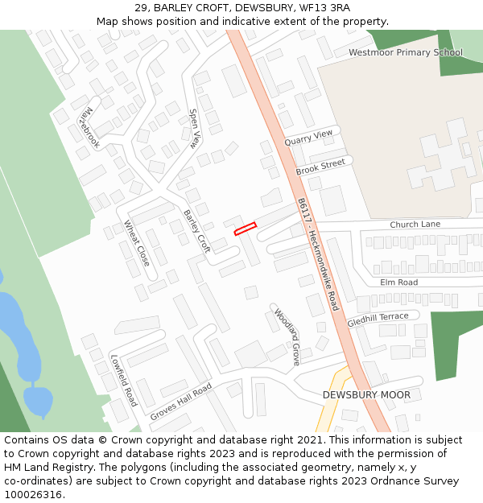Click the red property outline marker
click(245, 229)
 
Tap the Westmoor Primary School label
click(406, 52)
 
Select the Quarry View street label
click(308, 138)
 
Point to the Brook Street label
click(320, 167)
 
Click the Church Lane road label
click(415, 224)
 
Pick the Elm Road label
click(399, 282)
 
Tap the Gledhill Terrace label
click(378, 320)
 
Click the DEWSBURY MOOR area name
click(366, 395)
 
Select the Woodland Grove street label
click(287, 336)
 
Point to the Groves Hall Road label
click(180, 402)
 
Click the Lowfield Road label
click(123, 380)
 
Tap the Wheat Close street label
click(137, 243)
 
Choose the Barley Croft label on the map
click(197, 232)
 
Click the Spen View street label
click(194, 129)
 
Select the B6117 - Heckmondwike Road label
click(318, 254)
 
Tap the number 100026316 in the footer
click(33, 494)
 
